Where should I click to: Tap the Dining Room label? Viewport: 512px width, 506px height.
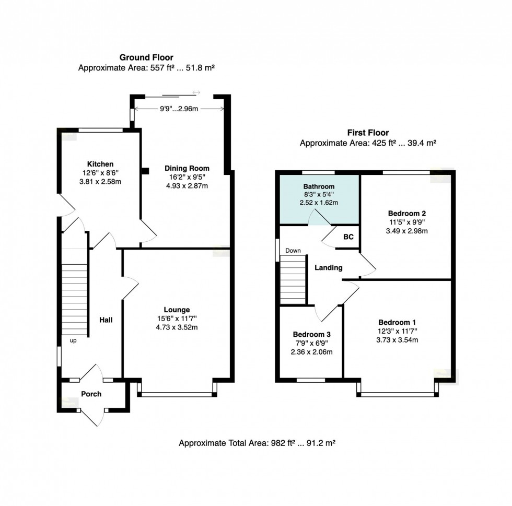pos(187,168)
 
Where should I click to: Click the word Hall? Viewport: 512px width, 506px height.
pos(106,320)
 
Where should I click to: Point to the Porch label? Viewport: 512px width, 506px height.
pos(91,394)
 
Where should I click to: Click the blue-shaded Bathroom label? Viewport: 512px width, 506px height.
pos(319,186)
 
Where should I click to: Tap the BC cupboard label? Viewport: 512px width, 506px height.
pos(348,237)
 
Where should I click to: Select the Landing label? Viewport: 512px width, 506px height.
pos(328,267)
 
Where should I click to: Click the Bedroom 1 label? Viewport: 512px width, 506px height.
pos(397,322)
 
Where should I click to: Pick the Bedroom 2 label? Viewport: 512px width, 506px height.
pos(407,213)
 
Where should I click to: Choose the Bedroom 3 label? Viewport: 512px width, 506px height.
pos(311,334)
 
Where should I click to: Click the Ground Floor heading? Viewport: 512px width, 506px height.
pos(146,57)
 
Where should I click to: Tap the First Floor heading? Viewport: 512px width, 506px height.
pos(368,133)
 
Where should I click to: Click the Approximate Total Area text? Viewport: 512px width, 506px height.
pos(257,443)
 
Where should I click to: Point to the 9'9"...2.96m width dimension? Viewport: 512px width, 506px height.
pos(179,108)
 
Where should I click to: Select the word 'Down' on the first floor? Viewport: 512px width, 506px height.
pos(293,251)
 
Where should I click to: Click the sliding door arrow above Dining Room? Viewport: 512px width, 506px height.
pos(196,93)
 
